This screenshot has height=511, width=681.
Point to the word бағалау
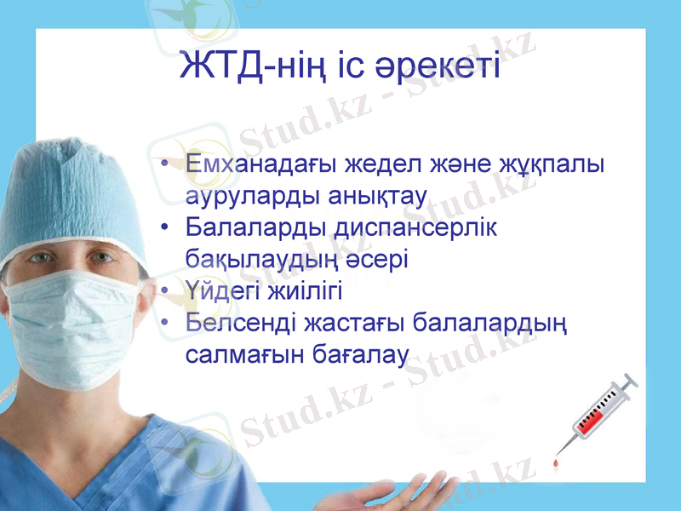pyautogui.click(x=358, y=353)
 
